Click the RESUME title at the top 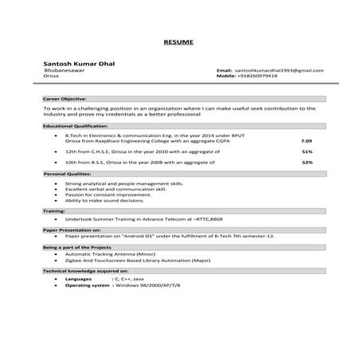click(179, 41)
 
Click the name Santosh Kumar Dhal click(77, 62)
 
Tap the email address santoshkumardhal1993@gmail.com click(280, 71)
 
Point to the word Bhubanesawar click(65, 71)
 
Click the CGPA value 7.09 click(307, 140)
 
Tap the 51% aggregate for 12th click(307, 151)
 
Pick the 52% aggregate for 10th click(307, 162)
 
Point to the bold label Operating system click(87, 285)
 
